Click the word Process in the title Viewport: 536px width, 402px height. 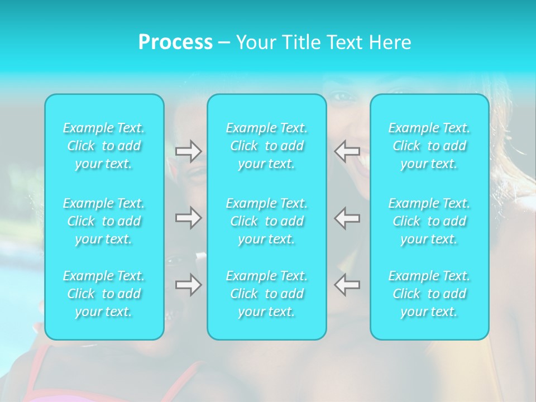(175, 42)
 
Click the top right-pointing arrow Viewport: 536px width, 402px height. (188, 151)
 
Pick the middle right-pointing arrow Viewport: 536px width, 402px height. (188, 218)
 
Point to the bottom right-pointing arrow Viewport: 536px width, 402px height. (188, 285)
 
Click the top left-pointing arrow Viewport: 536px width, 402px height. (347, 151)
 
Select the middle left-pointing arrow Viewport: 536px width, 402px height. (347, 218)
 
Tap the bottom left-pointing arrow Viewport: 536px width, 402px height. (347, 285)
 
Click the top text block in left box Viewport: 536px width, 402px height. (104, 146)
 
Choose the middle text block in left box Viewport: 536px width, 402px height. (104, 221)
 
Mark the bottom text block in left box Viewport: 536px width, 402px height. (104, 294)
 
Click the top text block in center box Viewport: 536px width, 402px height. (267, 146)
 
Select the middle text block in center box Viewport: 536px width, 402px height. (267, 221)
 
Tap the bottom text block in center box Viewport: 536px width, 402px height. (267, 294)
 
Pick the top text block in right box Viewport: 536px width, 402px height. (429, 146)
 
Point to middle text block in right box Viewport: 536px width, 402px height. (429, 221)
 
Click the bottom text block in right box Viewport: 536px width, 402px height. (429, 294)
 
